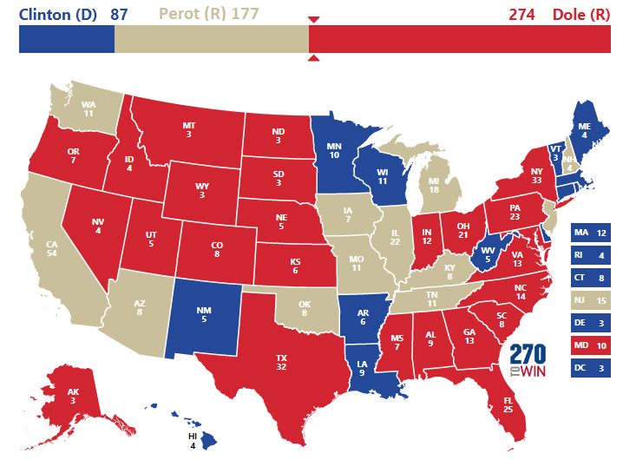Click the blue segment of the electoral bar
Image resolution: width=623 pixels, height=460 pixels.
point(66,41)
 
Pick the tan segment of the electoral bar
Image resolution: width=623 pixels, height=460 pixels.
point(211,41)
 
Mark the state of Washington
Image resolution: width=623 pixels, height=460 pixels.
point(87,109)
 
